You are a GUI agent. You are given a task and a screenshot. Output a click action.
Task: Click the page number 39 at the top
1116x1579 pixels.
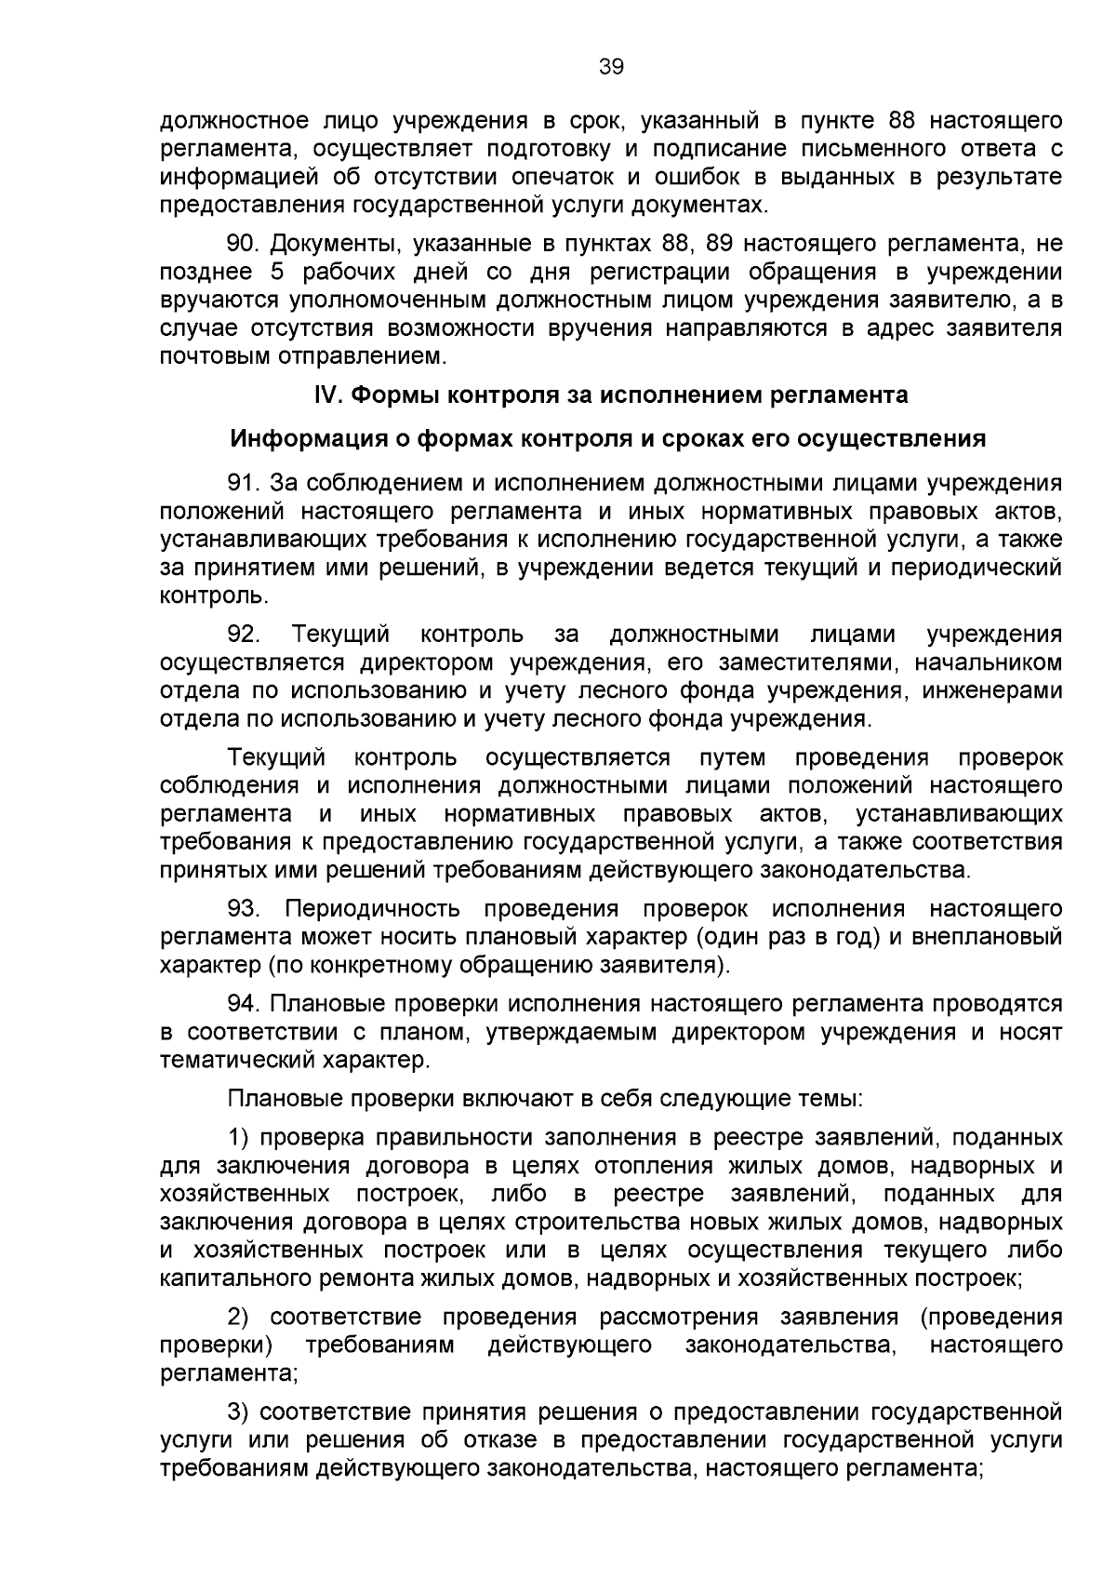[611, 66]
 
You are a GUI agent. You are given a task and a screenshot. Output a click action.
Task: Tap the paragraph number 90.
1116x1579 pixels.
[244, 245]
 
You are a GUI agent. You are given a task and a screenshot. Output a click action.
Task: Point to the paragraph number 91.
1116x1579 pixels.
[244, 483]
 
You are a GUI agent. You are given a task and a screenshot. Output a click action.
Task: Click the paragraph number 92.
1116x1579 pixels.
[244, 635]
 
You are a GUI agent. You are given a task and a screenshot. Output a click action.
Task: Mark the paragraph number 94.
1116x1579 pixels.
[244, 1004]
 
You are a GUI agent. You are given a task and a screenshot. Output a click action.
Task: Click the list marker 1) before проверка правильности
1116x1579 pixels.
[239, 1138]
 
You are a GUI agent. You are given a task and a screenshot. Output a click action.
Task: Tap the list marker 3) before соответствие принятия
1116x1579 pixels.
[239, 1412]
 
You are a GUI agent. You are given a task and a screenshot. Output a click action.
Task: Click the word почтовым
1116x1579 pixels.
[206, 356]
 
